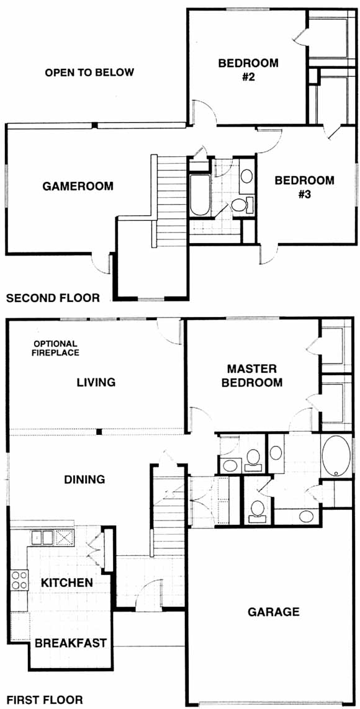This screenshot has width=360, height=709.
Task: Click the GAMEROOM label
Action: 78,186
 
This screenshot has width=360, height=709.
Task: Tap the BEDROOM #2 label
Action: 248,69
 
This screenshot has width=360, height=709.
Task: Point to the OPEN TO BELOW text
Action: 89,73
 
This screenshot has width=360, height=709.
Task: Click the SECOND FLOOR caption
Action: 53,298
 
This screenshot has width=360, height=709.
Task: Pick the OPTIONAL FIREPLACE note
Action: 55,348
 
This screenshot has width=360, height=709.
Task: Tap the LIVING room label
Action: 96,382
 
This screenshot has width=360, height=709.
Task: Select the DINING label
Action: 84,479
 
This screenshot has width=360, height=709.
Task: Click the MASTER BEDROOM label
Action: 254,375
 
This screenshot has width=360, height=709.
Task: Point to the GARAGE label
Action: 274,612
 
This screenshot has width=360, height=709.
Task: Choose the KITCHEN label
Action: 68,583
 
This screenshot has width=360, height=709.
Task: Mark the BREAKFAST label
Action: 71,643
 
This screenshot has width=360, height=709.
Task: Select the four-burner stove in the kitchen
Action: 19,579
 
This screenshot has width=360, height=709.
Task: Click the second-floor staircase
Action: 169,201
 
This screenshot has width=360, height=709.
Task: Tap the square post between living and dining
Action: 99,432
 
